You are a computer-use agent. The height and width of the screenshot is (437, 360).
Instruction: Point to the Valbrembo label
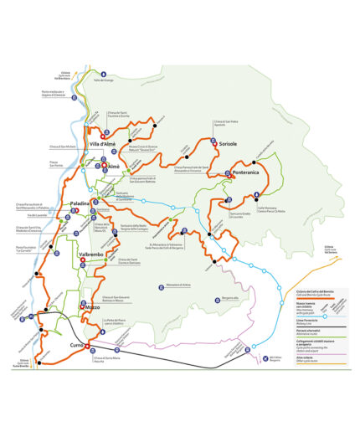pyautogui.click(x=90, y=254)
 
